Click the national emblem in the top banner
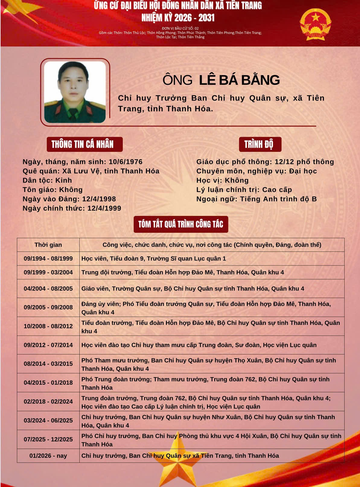pos(315,24)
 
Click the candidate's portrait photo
pos(75,92)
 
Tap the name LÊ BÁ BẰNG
pos(239,80)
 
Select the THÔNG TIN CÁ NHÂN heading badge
pos(84,144)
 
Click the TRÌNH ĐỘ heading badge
pos(260,144)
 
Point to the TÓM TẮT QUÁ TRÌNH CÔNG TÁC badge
pos(181,224)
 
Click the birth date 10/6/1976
pos(126,162)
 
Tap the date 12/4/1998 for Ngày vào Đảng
pos(99,199)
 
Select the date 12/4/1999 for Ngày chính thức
pos(104,208)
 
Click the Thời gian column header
pos(48,245)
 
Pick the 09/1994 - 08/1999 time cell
pos(48,259)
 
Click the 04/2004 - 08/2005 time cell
pos(48,289)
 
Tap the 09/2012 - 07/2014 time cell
pos(48,345)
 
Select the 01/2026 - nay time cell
pos(48,456)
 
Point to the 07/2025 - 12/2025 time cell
pos(48,440)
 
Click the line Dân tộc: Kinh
pos(47,181)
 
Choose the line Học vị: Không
pos(222,181)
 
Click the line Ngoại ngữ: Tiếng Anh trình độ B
pos(256,199)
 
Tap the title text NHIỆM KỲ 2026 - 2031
pos(178,18)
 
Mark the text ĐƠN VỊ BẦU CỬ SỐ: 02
pos(180,28)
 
